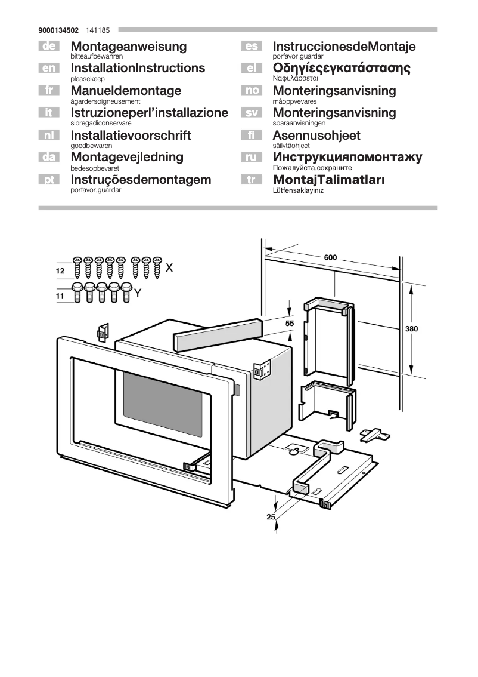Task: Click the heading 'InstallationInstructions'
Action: click(137, 68)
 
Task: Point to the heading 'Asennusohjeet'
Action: click(316, 135)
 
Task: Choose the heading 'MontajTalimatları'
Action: click(328, 180)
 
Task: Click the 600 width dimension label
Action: click(330, 258)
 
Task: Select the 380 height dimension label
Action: click(411, 329)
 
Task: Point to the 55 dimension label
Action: click(290, 323)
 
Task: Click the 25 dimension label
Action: click(271, 517)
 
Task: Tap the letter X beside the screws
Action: click(169, 268)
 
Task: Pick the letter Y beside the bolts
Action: click(138, 293)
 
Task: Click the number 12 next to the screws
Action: click(60, 271)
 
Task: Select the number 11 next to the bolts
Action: click(60, 296)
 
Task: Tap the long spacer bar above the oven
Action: click(217, 336)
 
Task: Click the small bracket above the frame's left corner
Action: click(103, 331)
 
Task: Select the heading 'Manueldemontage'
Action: click(126, 91)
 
